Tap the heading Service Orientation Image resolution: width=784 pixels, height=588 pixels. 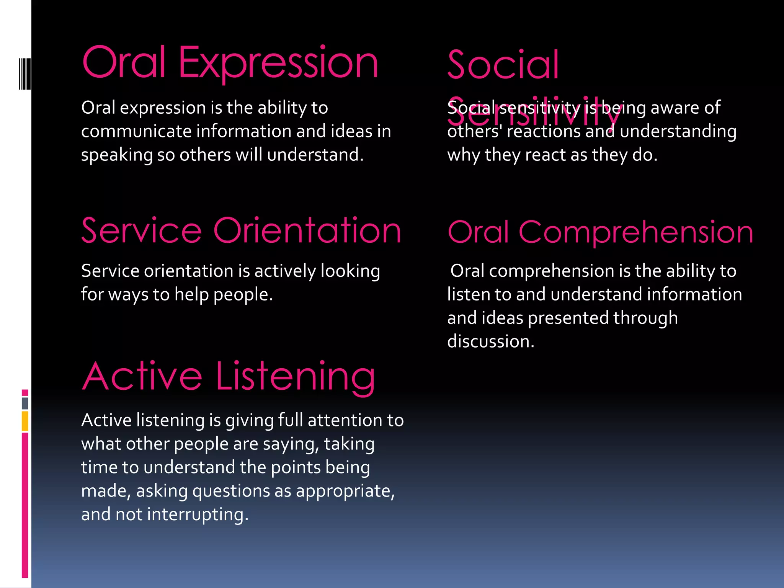241,231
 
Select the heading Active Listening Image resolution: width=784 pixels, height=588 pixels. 229,377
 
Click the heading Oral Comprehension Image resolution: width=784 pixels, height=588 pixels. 600,232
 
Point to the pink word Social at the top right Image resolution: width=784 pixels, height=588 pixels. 503,65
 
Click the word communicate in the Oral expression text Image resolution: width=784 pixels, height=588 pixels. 136,131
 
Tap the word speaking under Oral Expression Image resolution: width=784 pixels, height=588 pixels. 117,155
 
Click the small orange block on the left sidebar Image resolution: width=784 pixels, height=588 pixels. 25,421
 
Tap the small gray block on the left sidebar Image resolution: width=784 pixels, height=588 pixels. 25,403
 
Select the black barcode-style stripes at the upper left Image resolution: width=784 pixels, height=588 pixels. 24,73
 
